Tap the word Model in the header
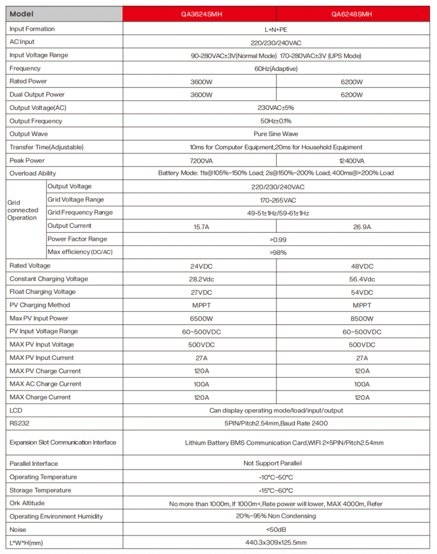(x=22, y=14)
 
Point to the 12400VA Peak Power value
(x=353, y=161)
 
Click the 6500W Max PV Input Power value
(x=201, y=319)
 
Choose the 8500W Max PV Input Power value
(x=362, y=319)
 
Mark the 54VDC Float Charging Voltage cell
(x=362, y=292)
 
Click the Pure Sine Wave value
(x=276, y=134)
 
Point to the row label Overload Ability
(x=32, y=174)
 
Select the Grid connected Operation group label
(x=23, y=210)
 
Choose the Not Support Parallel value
(x=276, y=464)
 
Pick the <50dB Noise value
(x=276, y=530)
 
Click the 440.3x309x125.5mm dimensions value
(x=276, y=543)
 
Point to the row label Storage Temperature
(x=40, y=490)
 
